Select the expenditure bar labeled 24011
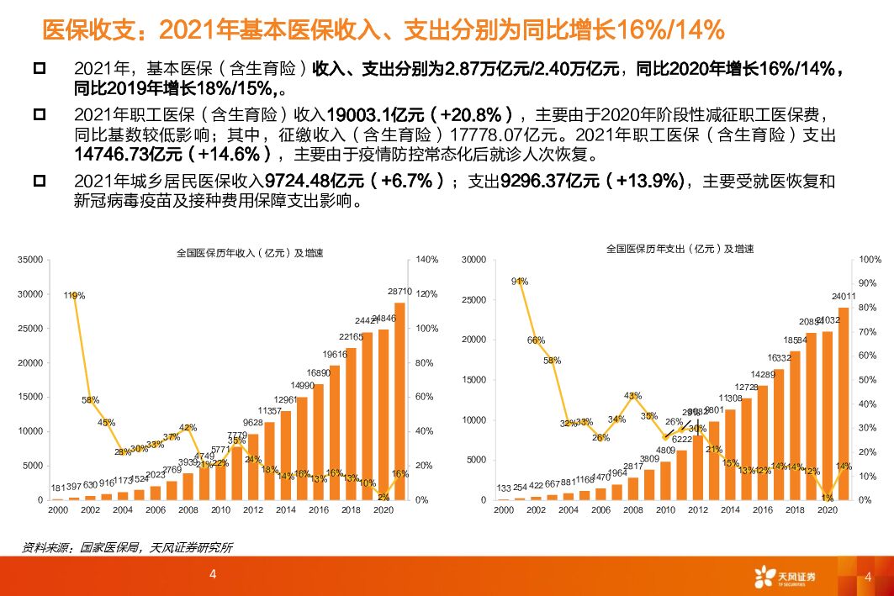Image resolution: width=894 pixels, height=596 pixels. pyautogui.click(x=844, y=403)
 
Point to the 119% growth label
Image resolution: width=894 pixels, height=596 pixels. pyautogui.click(x=74, y=296)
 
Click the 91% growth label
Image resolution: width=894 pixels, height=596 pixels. pyautogui.click(x=520, y=282)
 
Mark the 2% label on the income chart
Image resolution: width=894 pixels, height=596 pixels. pyautogui.click(x=384, y=497)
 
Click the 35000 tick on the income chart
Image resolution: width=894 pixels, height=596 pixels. pyautogui.click(x=30, y=261)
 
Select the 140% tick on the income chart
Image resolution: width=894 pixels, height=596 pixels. pyautogui.click(x=427, y=261)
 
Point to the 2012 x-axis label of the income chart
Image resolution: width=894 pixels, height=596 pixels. pyautogui.click(x=254, y=510)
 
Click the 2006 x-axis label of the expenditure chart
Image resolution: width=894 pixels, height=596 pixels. pyautogui.click(x=601, y=510)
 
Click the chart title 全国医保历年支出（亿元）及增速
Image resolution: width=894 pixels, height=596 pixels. pyautogui.click(x=680, y=250)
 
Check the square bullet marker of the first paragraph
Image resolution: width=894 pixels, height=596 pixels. pyautogui.click(x=38, y=67)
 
